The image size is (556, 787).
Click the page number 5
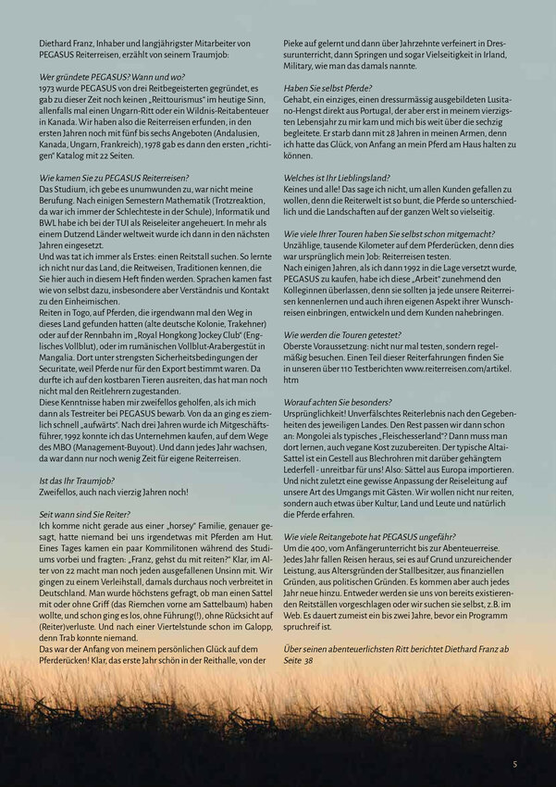(x=515, y=764)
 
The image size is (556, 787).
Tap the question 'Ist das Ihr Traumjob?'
(x=77, y=481)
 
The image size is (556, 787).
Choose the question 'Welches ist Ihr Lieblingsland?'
(x=337, y=177)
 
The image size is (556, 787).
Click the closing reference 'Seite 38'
(x=300, y=660)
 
